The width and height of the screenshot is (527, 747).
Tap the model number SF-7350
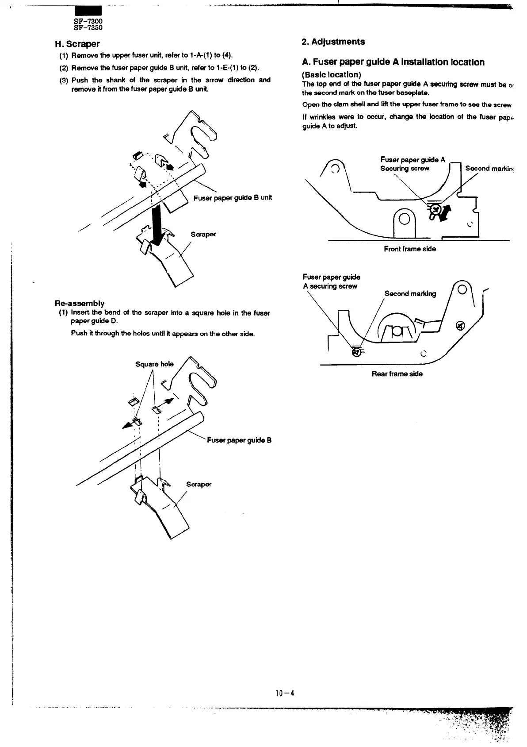click(x=88, y=28)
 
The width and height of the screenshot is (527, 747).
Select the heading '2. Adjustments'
click(x=333, y=42)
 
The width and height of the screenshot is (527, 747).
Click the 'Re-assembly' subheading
click(x=80, y=303)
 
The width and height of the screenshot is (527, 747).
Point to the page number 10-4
click(x=284, y=693)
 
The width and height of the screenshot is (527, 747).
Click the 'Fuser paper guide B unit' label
click(x=233, y=197)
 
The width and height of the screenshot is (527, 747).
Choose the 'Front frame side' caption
click(x=409, y=249)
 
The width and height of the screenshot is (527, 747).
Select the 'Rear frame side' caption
click(x=397, y=374)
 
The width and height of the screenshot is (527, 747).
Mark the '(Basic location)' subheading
click(x=332, y=75)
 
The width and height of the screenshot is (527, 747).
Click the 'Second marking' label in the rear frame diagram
click(x=410, y=293)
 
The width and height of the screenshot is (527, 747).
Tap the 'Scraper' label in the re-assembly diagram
click(x=199, y=484)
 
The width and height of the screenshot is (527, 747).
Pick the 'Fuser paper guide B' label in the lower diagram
click(x=239, y=440)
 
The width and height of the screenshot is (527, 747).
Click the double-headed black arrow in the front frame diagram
click(x=445, y=213)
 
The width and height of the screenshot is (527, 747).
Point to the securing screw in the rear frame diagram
click(x=355, y=352)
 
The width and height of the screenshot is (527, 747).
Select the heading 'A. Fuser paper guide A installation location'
click(x=393, y=62)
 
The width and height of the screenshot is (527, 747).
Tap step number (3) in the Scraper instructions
click(x=65, y=81)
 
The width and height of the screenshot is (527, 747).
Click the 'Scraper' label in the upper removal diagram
click(x=203, y=234)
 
